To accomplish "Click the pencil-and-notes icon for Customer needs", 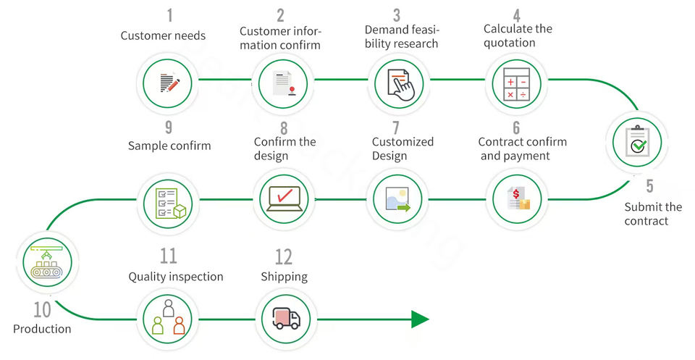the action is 169,83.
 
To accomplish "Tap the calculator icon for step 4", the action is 516,84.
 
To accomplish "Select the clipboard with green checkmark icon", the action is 637,141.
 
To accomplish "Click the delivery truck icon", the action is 287,319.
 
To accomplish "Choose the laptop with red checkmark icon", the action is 285,198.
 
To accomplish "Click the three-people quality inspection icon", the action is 169,317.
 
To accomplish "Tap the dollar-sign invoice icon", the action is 518,198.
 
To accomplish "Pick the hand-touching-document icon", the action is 400,85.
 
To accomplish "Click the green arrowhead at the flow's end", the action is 420,319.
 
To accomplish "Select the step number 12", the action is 284,257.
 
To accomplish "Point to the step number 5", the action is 649,186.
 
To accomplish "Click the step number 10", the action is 43,309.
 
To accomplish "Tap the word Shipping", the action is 284,277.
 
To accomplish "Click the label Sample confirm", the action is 169,146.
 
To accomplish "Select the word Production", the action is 42,329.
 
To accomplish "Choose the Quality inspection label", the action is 176,277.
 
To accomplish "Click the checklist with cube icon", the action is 171,203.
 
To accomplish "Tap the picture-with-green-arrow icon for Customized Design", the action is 398,198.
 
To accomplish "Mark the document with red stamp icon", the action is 285,83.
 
